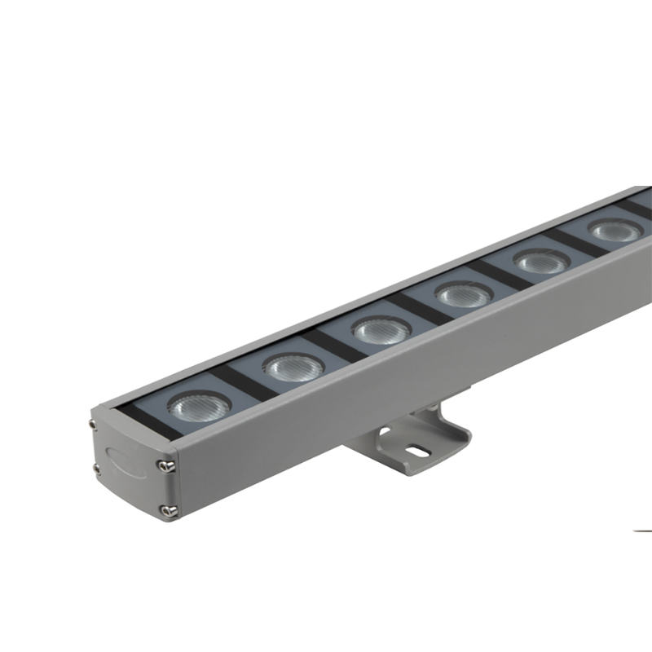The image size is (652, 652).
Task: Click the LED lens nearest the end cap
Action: pos(199,404)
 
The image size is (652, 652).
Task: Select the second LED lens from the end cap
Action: pos(293,367)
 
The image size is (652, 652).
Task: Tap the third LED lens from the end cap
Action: pos(381,329)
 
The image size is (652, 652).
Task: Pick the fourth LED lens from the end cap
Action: pos(464,294)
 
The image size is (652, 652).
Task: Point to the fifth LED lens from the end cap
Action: pos(542,262)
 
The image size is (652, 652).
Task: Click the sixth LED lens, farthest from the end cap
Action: pos(615,231)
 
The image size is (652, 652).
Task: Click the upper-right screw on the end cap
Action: pos(168,465)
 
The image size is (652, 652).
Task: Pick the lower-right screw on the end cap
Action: pos(169,511)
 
